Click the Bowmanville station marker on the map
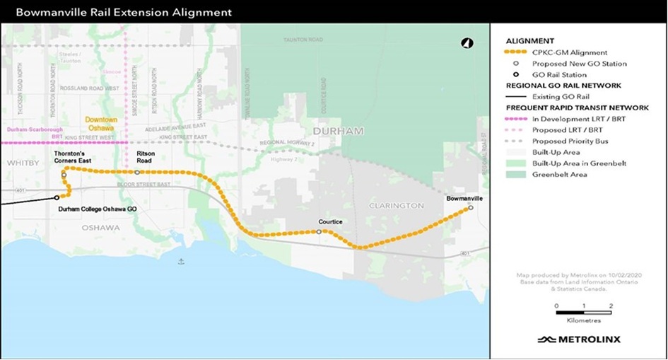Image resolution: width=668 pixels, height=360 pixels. (470, 209)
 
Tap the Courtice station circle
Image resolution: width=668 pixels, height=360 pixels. (319, 231)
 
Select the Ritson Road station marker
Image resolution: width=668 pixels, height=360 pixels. (137, 172)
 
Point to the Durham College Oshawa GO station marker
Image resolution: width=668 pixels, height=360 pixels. (57, 198)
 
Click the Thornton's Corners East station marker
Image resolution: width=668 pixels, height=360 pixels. (64, 174)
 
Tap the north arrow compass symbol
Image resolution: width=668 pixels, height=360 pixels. (467, 44)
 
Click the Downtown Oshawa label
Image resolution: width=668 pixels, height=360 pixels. (101, 124)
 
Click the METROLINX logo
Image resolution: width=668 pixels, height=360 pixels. (579, 339)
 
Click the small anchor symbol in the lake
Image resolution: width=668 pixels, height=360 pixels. (181, 262)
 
